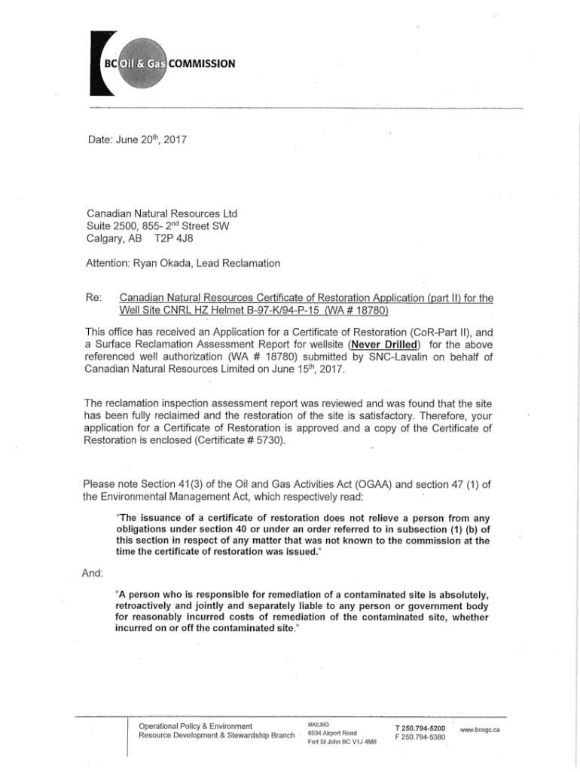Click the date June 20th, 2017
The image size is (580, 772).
tap(136, 139)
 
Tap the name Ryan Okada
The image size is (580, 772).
tap(174, 262)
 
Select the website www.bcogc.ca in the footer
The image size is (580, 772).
tap(481, 730)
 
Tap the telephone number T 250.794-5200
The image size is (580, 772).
tap(420, 728)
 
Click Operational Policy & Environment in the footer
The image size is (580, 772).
tap(195, 727)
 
